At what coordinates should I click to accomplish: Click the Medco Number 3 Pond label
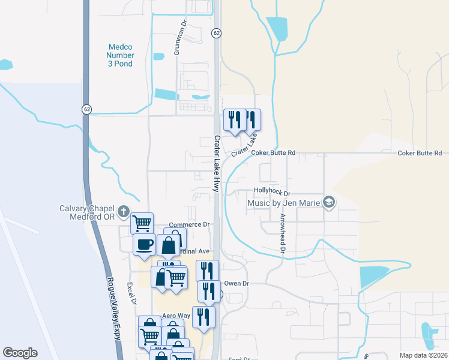[x=121, y=55]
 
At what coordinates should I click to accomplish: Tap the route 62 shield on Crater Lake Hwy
[x=216, y=34]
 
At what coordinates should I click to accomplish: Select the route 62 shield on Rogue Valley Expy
[x=87, y=109]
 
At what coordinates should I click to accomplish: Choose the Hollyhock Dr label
[x=272, y=193]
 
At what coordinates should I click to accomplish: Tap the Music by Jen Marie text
[x=284, y=203]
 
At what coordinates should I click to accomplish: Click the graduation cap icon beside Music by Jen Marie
[x=328, y=202]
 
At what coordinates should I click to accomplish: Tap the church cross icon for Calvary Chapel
[x=124, y=211]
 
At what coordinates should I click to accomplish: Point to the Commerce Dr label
[x=188, y=224]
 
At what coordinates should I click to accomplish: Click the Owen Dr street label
[x=236, y=283]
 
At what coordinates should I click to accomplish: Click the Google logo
[x=20, y=353]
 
